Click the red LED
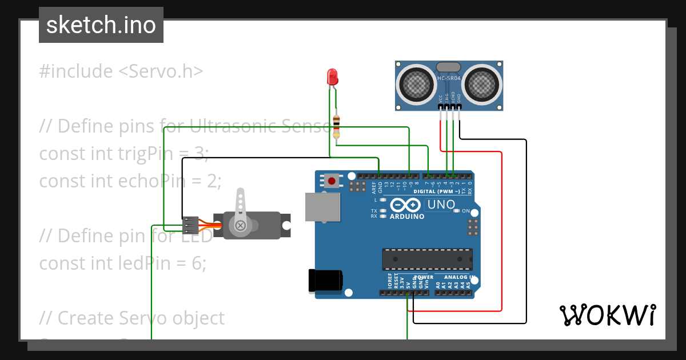tap(332, 77)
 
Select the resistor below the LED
tap(336, 125)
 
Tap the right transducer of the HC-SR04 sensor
tap(482, 84)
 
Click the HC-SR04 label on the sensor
tap(449, 79)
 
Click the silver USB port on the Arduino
tap(322, 206)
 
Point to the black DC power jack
tap(325, 280)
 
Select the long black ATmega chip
tap(427, 259)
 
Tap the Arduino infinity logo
tap(406, 205)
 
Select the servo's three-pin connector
tap(190, 226)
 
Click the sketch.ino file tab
tap(101, 25)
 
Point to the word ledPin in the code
tap(145, 263)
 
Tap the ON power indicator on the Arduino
tap(465, 211)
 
